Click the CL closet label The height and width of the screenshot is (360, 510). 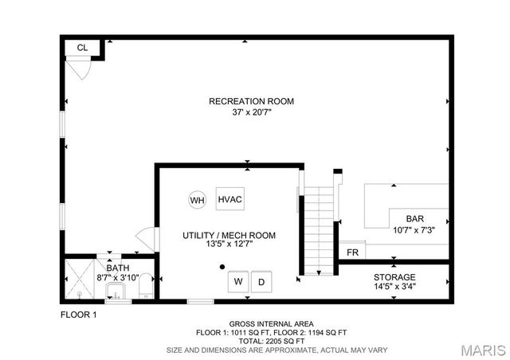click(x=82, y=48)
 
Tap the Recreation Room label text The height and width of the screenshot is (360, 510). click(x=251, y=101)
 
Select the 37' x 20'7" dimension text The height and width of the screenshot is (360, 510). click(x=251, y=112)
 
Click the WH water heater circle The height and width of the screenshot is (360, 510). click(x=197, y=199)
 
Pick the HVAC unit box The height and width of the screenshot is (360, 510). click(x=230, y=199)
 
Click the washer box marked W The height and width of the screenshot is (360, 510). click(x=237, y=282)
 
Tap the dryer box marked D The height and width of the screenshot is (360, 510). click(x=261, y=282)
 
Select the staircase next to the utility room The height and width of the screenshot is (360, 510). click(x=319, y=231)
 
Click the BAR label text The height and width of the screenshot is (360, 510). click(x=414, y=219)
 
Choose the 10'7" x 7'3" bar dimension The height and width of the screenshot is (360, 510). click(x=414, y=230)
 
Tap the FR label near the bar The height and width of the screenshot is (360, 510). click(x=351, y=253)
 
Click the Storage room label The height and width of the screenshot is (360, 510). click(x=394, y=276)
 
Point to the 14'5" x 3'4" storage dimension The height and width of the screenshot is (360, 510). click(x=394, y=286)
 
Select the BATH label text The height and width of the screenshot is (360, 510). click(x=117, y=268)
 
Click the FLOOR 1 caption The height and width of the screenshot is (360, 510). click(x=78, y=315)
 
